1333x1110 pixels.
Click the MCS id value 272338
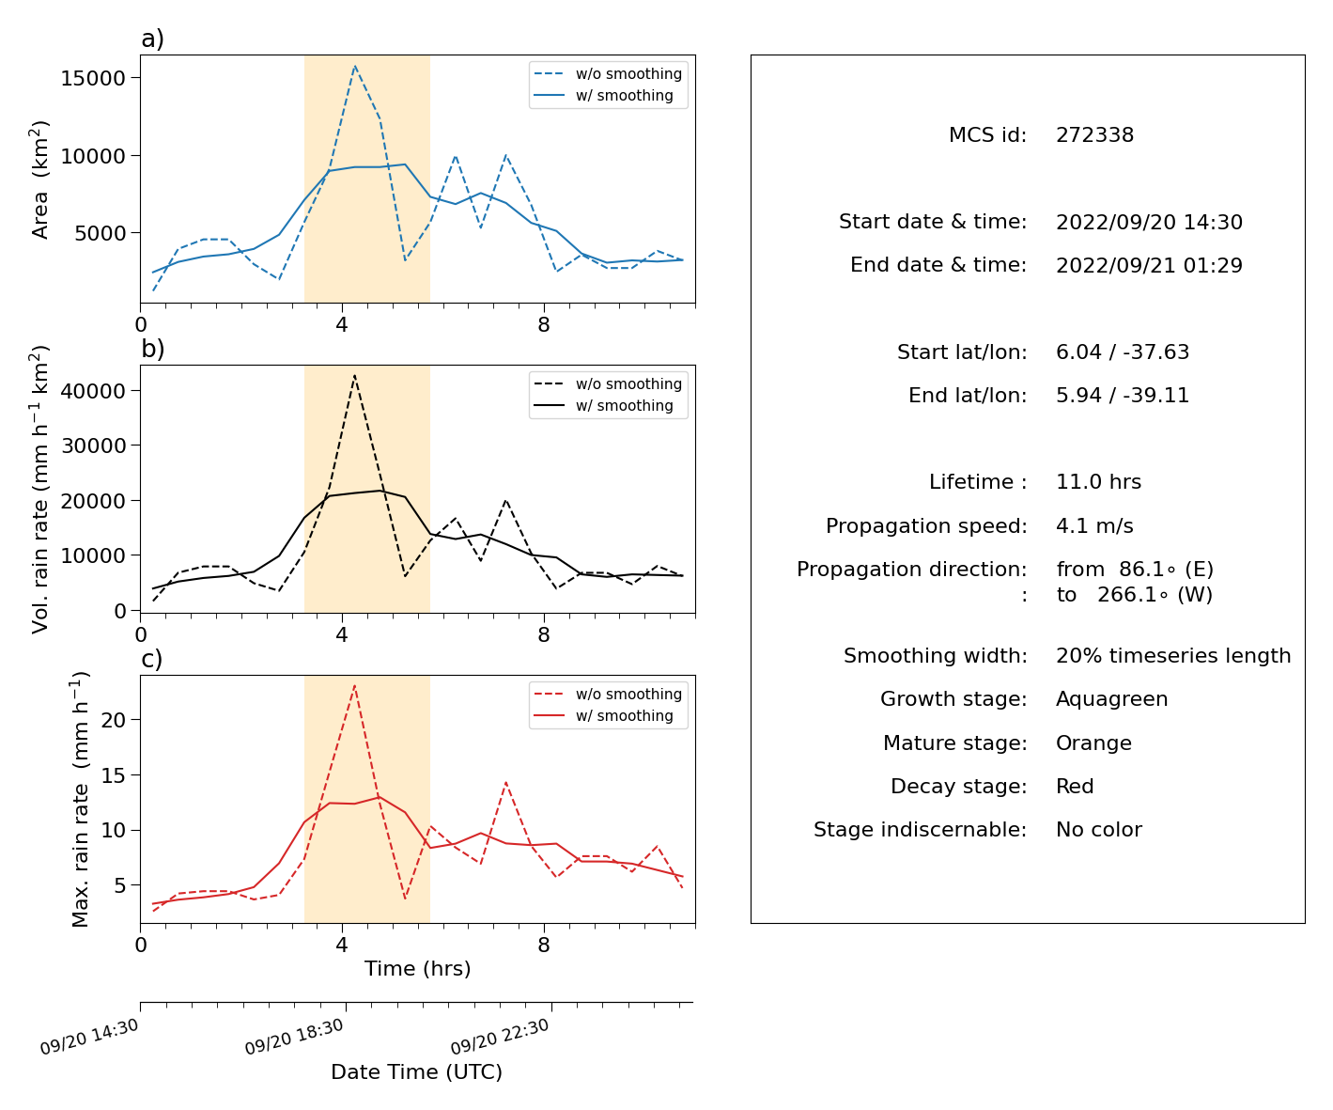point(1094,134)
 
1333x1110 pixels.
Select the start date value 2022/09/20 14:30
point(1149,222)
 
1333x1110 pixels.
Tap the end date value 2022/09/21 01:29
point(1149,265)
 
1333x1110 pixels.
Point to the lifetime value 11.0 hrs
point(1098,481)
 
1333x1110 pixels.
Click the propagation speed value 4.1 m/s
point(1094,525)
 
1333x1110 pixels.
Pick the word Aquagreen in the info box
point(1111,699)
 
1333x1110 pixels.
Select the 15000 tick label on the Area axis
point(93,78)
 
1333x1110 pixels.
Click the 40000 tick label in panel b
point(93,391)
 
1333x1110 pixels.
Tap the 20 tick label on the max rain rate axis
point(113,720)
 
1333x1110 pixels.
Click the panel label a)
point(152,39)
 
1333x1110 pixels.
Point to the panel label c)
point(152,659)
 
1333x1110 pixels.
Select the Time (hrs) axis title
point(417,968)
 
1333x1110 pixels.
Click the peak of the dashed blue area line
point(355,65)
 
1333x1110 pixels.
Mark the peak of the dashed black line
point(355,376)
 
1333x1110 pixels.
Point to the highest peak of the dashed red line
point(355,685)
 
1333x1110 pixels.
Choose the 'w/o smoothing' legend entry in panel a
point(608,74)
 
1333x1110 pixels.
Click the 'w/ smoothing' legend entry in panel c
point(603,715)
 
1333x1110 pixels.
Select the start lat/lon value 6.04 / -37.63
point(1123,352)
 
